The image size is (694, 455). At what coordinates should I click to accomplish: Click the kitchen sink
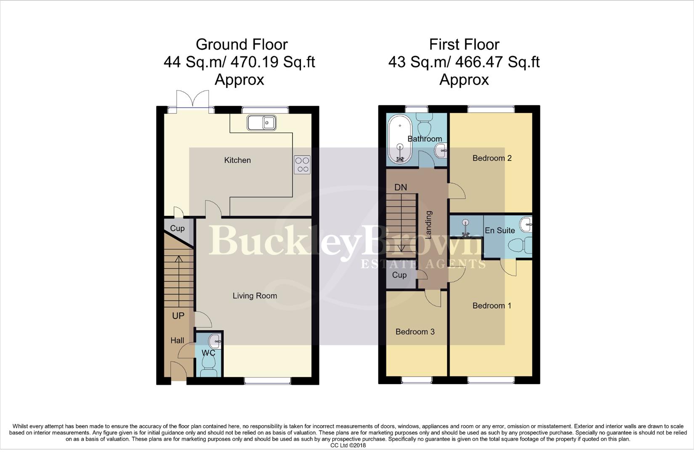[x=261, y=123]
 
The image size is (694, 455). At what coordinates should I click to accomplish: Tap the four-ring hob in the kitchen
[x=302, y=165]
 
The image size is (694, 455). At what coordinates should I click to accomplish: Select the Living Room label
[x=255, y=296]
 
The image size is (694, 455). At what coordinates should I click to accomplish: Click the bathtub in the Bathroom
[x=400, y=140]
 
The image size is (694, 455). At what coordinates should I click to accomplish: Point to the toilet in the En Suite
[x=521, y=245]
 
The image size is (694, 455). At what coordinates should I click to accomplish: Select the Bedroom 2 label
[x=492, y=158]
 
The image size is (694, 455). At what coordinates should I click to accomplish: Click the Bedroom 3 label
[x=415, y=332]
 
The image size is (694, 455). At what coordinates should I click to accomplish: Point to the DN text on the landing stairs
[x=400, y=187]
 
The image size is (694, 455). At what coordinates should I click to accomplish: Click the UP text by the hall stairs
[x=178, y=316]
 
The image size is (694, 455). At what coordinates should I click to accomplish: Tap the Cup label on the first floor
[x=399, y=275]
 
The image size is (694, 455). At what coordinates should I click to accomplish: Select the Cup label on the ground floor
[x=177, y=228]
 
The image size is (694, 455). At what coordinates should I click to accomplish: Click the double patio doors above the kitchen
[x=192, y=101]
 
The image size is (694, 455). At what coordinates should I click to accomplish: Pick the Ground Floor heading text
[x=242, y=44]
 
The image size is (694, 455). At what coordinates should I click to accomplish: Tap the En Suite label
[x=500, y=230]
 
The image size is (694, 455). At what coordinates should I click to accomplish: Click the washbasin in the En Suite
[x=526, y=224]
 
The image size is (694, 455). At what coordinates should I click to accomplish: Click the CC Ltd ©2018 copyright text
[x=348, y=445]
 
